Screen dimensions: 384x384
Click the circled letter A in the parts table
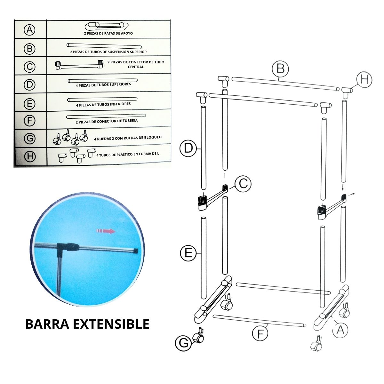(x=29, y=30)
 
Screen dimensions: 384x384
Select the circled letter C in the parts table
(x=29, y=67)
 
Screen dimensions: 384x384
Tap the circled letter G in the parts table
(x=30, y=138)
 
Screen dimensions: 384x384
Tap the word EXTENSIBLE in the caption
(x=111, y=324)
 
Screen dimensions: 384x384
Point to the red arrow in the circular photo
(x=106, y=231)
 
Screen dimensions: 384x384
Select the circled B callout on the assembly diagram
(x=281, y=69)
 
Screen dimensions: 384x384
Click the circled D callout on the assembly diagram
(x=188, y=148)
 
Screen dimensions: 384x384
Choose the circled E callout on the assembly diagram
(x=188, y=253)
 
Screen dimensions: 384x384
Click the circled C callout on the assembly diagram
(x=243, y=184)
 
